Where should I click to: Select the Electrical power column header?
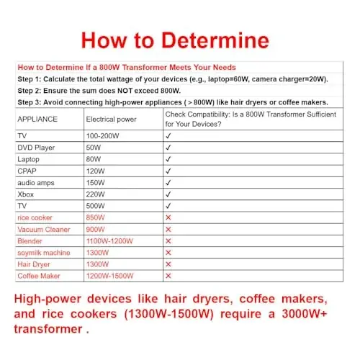111,119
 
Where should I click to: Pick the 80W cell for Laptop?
94,158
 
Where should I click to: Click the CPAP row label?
28,171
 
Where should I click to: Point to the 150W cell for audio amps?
96,182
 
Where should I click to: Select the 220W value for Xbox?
96,194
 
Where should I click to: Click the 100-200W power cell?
104,135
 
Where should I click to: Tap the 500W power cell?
96,205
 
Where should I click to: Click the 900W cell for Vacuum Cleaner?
96,229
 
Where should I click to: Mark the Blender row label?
30,240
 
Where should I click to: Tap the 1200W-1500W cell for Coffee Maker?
111,276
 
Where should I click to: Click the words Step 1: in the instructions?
30,81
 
